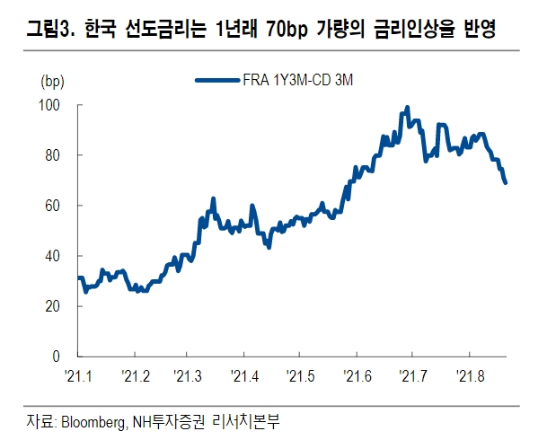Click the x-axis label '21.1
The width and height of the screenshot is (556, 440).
point(78,374)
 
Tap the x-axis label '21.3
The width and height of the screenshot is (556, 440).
point(190,374)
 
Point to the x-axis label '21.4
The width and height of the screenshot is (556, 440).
point(245,374)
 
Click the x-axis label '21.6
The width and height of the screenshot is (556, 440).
point(357,374)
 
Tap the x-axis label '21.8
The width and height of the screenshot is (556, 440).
point(469,374)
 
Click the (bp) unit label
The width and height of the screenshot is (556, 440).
point(53,82)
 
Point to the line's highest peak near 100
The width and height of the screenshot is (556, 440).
point(407,108)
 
